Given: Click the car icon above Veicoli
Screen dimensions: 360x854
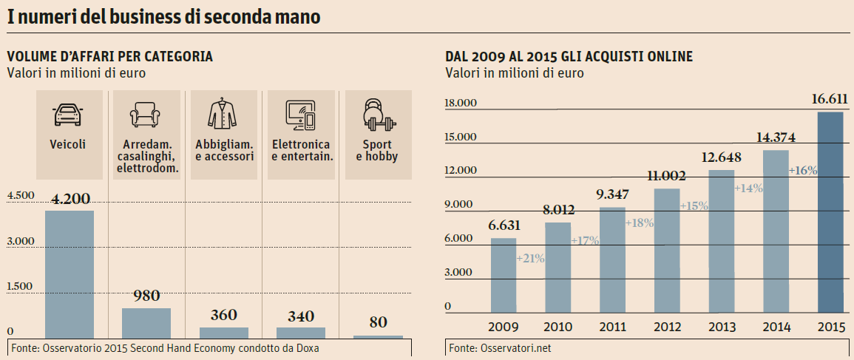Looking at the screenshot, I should [x=69, y=115].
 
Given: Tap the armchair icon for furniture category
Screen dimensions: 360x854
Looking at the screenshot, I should [x=146, y=115].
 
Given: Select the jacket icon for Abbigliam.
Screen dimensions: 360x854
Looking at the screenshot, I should [x=223, y=113].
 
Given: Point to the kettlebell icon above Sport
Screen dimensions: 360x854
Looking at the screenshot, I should [x=379, y=113].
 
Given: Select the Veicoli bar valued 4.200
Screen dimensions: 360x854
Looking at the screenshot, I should [x=70, y=274].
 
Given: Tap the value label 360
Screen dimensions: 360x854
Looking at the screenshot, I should [x=223, y=315].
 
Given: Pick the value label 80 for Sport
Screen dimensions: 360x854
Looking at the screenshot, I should [x=379, y=322].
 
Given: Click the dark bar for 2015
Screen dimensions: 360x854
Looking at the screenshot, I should [x=830, y=214].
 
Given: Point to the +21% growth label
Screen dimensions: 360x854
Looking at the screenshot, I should [x=530, y=259].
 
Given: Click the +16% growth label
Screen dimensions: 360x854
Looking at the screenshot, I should [x=803, y=170].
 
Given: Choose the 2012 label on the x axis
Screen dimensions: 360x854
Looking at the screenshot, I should [x=667, y=327].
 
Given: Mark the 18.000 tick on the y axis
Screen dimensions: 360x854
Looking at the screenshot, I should [x=461, y=103].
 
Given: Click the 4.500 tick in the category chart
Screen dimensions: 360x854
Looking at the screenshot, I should [x=21, y=195].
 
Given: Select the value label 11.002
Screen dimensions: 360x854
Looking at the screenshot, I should [x=667, y=176].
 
